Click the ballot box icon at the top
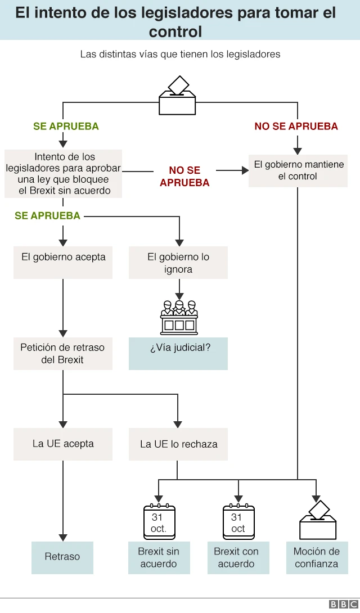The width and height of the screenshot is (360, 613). tap(177, 97)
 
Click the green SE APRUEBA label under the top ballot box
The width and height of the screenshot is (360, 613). tap(66, 127)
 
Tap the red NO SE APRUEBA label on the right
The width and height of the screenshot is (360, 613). tap(296, 127)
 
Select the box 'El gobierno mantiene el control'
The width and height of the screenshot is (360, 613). tap(298, 170)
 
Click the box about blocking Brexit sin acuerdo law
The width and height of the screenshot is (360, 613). tap(64, 174)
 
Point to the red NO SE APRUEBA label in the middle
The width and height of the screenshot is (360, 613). tap(184, 177)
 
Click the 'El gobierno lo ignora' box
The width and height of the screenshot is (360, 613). tap(178, 263)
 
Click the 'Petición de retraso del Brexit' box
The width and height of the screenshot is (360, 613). tap(63, 353)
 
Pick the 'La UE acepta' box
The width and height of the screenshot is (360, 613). tap(63, 444)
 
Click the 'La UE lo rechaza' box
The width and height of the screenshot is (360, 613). tap(178, 444)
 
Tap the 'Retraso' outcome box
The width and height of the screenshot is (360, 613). tap(62, 557)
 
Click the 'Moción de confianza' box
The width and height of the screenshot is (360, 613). tap(317, 557)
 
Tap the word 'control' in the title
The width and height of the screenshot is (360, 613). tap(175, 31)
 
